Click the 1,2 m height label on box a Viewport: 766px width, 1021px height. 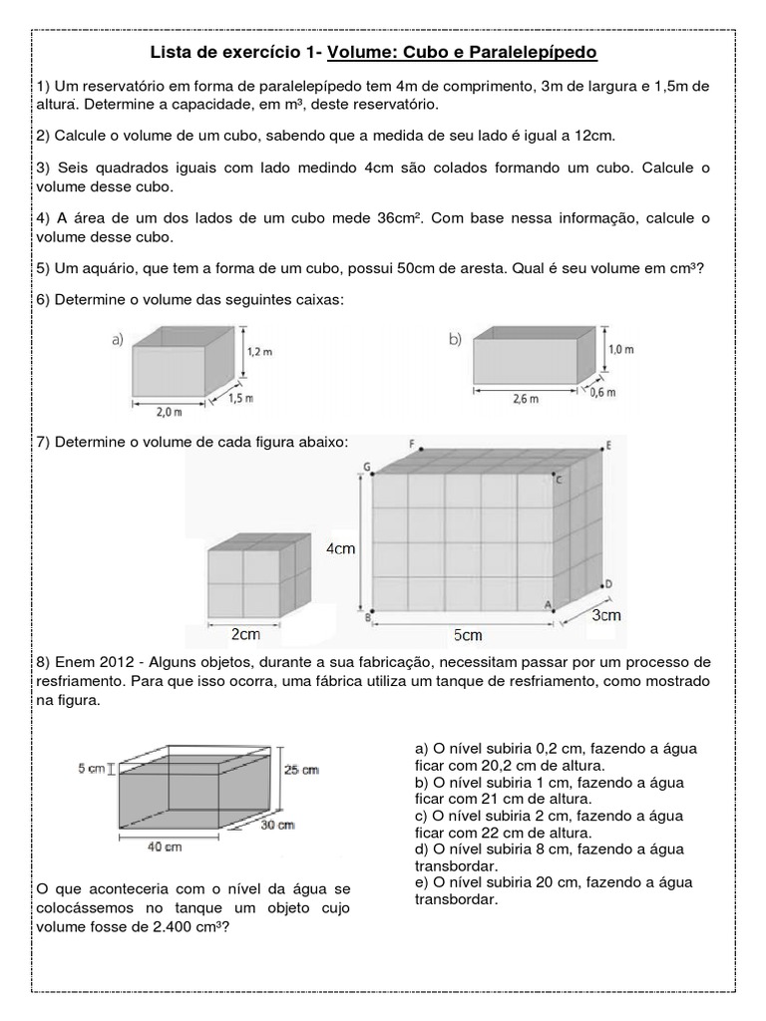click(259, 351)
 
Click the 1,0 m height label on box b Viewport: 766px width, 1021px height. click(620, 350)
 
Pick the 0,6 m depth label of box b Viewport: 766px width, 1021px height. click(603, 393)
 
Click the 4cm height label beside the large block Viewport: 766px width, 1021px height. click(341, 547)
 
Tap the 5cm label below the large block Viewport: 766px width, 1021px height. click(466, 635)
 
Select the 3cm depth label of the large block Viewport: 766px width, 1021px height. click(605, 615)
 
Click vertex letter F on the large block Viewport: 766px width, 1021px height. click(411, 442)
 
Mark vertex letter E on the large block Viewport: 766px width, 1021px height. click(607, 448)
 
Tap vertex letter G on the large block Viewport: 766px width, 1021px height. click(367, 466)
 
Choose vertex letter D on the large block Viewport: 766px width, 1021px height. click(607, 583)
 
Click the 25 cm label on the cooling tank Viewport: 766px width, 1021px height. click(302, 769)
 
